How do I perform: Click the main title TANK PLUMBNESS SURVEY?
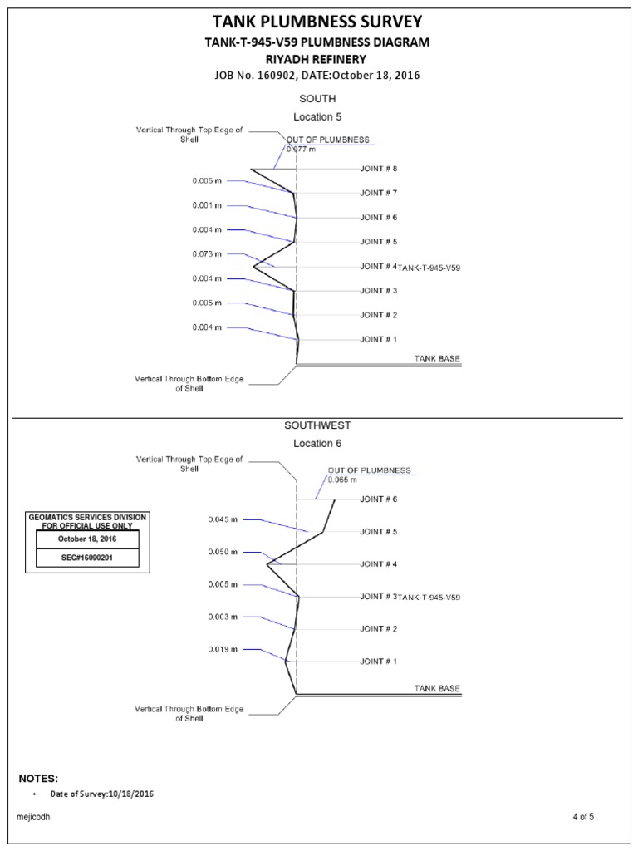pos(318,22)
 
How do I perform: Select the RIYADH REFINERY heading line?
pos(318,59)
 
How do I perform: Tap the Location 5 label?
pos(317,117)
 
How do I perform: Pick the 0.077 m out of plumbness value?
pos(301,150)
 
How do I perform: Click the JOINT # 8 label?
pos(379,169)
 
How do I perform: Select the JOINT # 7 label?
pos(379,193)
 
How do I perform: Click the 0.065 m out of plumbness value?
pos(342,480)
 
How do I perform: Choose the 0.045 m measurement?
pos(223,520)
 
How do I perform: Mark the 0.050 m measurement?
pos(223,553)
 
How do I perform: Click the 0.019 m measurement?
pos(223,649)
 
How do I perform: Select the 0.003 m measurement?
pos(223,617)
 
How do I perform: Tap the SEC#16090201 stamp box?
pos(86,558)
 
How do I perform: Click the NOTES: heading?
pos(38,779)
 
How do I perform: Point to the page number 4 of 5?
pos(583,817)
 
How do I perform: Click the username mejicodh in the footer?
pos(34,818)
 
